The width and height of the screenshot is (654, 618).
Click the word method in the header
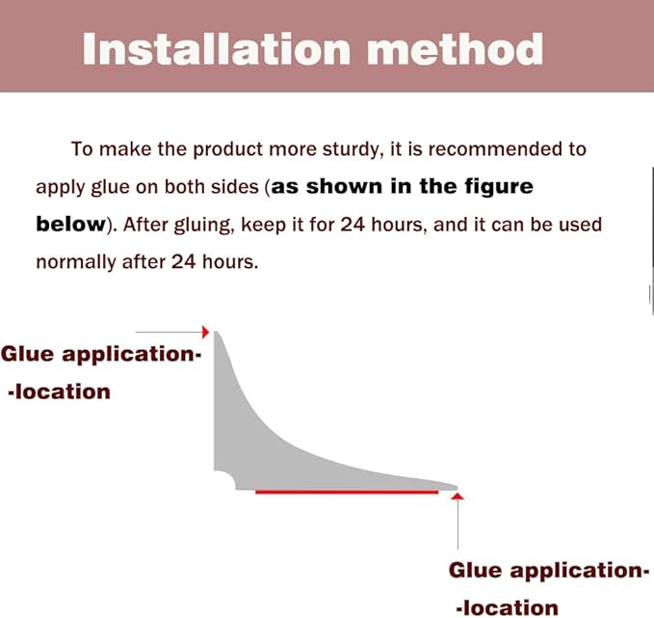455,49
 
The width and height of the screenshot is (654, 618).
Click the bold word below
71,224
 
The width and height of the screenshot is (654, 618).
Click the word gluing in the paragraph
202,225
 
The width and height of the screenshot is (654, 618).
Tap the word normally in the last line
76,262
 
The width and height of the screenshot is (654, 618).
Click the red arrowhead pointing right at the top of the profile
205,332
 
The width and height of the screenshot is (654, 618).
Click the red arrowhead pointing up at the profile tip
458,497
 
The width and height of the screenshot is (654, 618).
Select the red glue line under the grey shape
347,493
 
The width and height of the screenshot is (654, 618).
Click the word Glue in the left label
28,354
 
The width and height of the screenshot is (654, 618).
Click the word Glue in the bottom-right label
476,571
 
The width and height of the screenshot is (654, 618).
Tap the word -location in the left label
59,392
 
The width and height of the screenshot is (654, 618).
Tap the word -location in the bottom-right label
508,608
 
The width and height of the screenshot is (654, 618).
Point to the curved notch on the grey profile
226,479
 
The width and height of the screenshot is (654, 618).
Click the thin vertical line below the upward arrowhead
458,524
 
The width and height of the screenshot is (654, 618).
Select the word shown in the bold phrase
344,186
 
